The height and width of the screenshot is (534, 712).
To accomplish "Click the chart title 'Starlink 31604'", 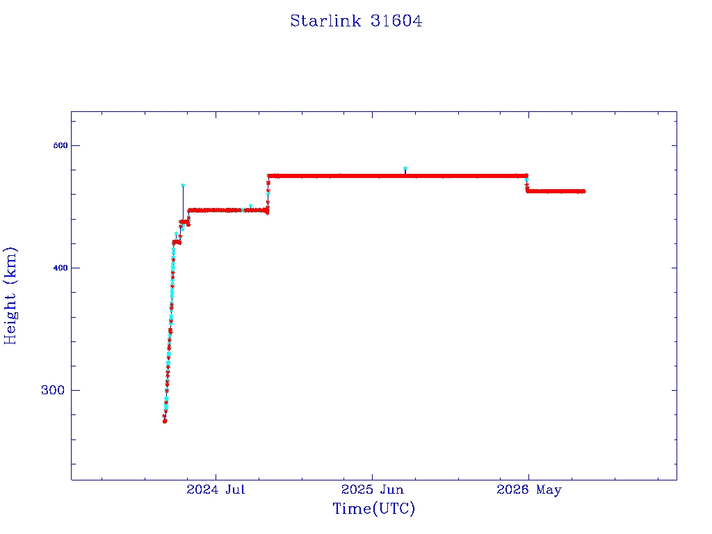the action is tap(356, 21).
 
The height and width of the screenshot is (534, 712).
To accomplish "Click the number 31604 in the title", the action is tap(396, 21).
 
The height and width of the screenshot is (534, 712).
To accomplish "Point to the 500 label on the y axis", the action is tap(60, 146).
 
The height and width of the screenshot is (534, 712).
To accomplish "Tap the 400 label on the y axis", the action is tap(60, 268).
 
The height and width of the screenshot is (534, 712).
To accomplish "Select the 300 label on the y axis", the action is tap(53, 390).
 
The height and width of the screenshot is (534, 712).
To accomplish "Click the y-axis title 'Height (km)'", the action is tap(10, 296).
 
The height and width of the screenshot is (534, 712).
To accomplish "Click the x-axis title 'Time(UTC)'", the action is tap(373, 508).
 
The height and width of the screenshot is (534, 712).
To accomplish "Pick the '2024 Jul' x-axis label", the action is tap(216, 489).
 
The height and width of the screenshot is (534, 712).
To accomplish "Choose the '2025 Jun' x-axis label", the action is tap(373, 489).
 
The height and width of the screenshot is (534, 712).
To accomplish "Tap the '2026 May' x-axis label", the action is tap(529, 490).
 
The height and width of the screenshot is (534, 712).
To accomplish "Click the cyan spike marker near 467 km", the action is tap(183, 185).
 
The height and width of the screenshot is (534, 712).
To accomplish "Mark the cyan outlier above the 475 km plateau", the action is tap(405, 168).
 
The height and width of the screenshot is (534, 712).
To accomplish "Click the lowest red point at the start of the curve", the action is tap(165, 421).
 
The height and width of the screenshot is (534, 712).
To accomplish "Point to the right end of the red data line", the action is tap(584, 191).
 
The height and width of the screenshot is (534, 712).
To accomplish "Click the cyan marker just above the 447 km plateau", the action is tap(250, 206).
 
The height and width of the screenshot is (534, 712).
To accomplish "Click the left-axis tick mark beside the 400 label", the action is tap(74, 268).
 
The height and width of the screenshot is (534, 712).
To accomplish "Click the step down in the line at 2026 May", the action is tap(527, 184).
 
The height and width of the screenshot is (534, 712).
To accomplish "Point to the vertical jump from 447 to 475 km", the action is tap(268, 193).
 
